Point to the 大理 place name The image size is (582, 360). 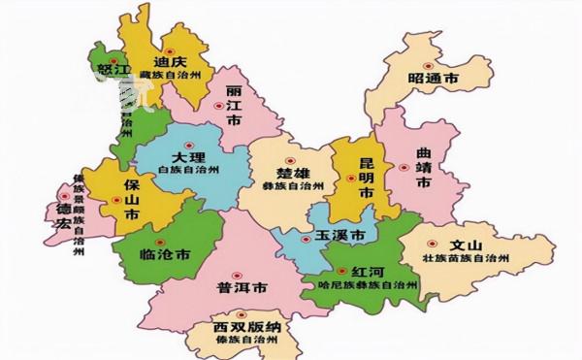(189, 157)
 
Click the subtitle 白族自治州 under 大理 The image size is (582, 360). (189, 171)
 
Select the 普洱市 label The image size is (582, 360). (237, 288)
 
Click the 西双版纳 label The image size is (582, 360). (245, 328)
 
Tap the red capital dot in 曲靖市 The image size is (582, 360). (402, 167)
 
